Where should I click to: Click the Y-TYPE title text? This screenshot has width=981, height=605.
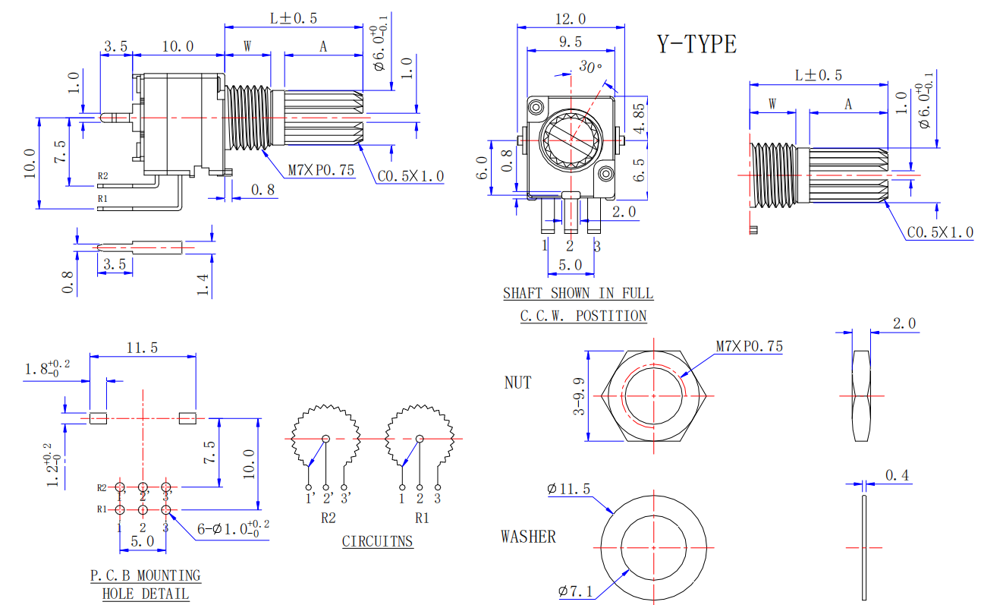pos(696,44)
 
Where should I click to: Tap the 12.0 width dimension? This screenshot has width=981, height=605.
pos(571,19)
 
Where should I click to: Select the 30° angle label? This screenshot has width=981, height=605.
pos(590,67)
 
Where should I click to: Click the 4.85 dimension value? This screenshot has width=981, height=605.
pos(640,118)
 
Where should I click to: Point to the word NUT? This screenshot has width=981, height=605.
pos(517,383)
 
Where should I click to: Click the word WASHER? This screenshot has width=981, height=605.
pos(528,537)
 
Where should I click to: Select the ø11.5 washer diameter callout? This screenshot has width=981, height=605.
pos(568,488)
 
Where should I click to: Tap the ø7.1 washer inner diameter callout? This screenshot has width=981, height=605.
pos(576,591)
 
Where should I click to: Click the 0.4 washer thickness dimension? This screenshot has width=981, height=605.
pos(897,475)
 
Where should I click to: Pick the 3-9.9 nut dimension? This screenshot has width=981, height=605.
pos(579,396)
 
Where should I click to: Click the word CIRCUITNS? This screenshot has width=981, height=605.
pos(378,541)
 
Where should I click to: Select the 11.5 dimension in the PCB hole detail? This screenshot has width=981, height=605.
pos(142,348)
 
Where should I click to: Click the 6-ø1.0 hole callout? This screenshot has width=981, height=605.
pos(233,528)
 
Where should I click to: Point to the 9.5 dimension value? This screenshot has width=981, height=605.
pos(571,42)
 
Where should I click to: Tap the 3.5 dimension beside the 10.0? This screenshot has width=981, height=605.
pos(115,46)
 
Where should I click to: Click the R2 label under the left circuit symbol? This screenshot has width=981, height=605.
pos(328,518)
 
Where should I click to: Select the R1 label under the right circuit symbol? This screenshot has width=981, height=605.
pos(422,518)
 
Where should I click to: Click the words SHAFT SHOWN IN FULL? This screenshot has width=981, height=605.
pos(578,293)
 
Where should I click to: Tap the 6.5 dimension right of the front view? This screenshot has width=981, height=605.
pos(640,169)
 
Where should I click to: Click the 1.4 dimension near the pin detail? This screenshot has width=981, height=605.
pos(203,285)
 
